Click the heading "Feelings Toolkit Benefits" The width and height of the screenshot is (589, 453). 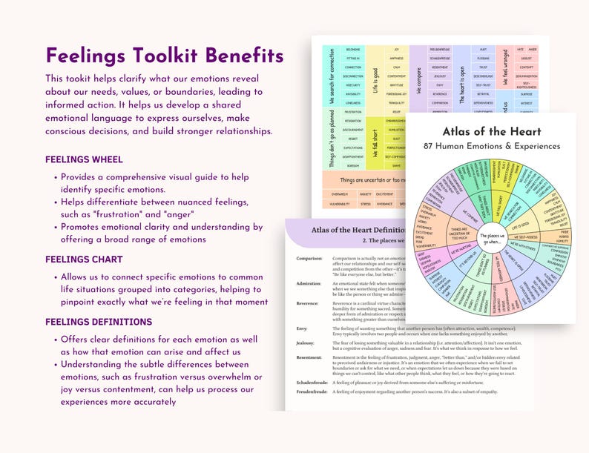[164, 56]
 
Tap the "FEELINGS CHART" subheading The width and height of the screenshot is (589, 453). [84, 259]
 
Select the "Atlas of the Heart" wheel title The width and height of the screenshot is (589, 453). [491, 131]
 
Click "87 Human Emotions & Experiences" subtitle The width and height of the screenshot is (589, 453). [491, 146]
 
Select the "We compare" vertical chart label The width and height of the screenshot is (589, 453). [419, 79]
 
